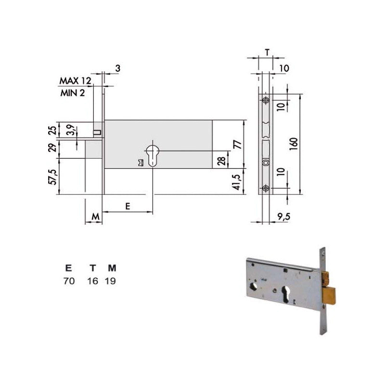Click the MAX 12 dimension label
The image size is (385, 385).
point(75,81)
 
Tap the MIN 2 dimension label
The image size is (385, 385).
point(73,93)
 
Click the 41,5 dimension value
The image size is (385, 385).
point(237,182)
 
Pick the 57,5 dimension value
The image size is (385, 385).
point(53,177)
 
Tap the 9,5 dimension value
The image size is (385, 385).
point(283,217)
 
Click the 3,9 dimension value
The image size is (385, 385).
point(71,130)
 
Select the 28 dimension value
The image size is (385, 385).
point(221,161)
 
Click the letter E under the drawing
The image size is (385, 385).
point(128,206)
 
